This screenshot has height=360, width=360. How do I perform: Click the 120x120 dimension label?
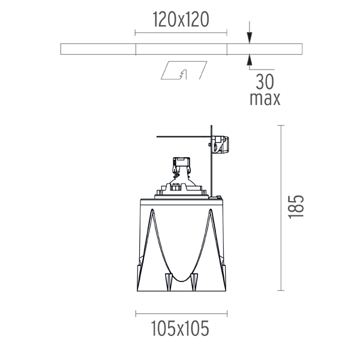click(x=181, y=20)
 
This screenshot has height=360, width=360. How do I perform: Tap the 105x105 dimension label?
click(x=180, y=328)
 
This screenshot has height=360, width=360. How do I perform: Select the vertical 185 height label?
click(x=296, y=207)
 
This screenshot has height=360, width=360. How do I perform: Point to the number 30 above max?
click(x=265, y=82)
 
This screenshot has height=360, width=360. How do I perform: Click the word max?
click(x=265, y=99)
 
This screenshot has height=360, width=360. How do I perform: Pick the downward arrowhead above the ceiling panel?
click(x=250, y=38)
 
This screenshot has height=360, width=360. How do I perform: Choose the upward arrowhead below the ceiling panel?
click(x=250, y=60)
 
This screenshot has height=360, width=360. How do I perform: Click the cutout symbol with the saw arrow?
click(x=184, y=70)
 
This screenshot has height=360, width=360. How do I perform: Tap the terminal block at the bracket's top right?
click(x=220, y=144)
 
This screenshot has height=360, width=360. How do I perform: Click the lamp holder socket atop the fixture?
click(x=181, y=165)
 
